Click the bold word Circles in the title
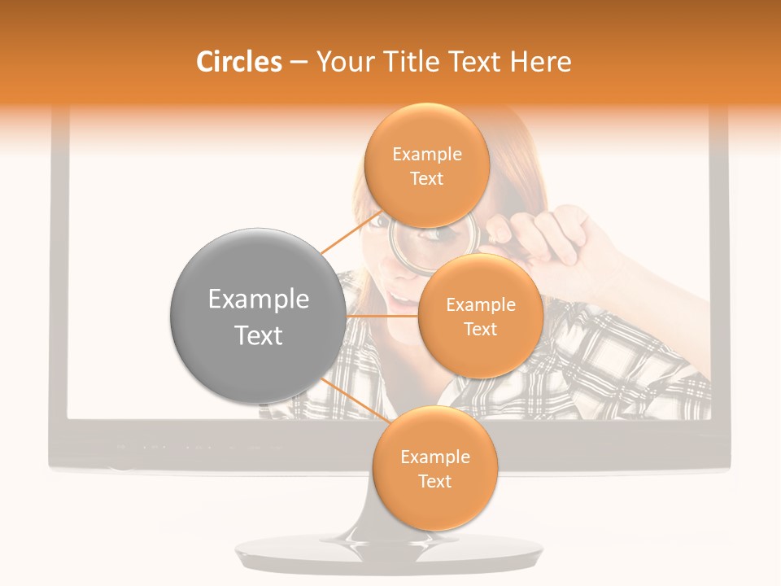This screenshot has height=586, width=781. (x=239, y=62)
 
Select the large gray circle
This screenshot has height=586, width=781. (x=258, y=315)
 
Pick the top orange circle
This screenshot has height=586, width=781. (x=426, y=165)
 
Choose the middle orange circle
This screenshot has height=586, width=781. (x=480, y=316)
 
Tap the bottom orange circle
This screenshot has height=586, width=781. (x=434, y=468)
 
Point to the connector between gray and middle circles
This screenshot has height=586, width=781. (x=382, y=315)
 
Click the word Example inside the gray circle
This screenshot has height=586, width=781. (x=258, y=300)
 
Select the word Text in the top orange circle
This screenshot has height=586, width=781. (x=426, y=179)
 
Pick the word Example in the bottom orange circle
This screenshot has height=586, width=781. (x=434, y=457)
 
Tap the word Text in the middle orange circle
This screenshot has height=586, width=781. (x=480, y=329)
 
